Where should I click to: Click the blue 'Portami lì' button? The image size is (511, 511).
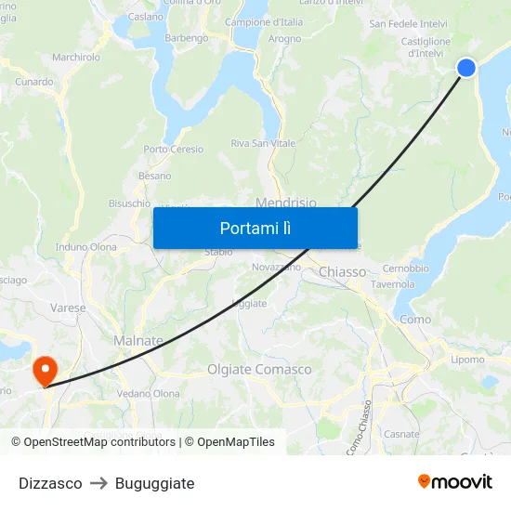tap(255, 228)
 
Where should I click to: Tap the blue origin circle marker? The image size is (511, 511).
tap(466, 67)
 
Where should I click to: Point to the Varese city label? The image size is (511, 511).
tap(69, 308)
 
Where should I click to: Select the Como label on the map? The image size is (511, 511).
tap(415, 319)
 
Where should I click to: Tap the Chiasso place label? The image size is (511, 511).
tap(342, 272)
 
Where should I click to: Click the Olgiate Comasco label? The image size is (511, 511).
tap(259, 369)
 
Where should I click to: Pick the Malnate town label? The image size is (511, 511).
tap(138, 341)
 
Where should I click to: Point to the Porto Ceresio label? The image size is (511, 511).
tap(173, 149)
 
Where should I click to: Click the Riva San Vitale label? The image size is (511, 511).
tap(263, 143)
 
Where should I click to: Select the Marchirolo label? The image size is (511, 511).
tap(76, 57)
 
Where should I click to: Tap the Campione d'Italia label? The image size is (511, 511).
tap(264, 21)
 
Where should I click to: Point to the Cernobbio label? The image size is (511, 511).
tap(405, 269)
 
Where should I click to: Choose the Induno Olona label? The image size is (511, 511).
tap(86, 247)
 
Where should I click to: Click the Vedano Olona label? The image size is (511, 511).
tap(149, 394)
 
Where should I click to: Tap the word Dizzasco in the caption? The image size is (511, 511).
tap(50, 483)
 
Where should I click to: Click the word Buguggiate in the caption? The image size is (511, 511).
tap(154, 483)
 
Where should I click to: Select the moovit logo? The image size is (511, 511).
tap(455, 481)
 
